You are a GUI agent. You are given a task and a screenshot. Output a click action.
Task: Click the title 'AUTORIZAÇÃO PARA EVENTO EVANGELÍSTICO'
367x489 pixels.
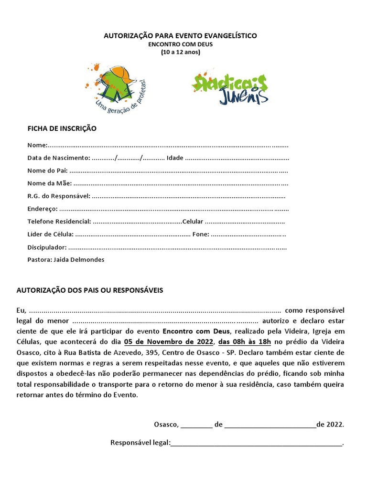click(x=180, y=36)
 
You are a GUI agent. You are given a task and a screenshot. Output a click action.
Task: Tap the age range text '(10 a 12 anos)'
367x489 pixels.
click(x=180, y=52)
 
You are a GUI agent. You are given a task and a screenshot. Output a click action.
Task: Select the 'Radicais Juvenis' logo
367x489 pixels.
click(x=230, y=88)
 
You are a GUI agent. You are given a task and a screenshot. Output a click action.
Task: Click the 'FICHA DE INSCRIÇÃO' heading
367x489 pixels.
click(x=62, y=128)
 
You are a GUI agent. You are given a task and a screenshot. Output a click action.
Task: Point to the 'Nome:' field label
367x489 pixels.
click(x=37, y=145)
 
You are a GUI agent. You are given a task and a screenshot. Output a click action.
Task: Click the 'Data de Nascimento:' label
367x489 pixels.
click(x=58, y=158)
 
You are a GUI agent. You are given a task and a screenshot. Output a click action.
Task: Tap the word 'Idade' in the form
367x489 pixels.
click(x=174, y=158)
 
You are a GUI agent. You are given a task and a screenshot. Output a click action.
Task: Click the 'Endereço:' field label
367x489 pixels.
click(x=42, y=209)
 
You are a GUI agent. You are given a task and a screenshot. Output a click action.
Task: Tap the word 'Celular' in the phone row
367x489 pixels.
click(x=193, y=222)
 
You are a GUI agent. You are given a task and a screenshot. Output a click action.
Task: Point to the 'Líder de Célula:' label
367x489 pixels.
click(x=50, y=234)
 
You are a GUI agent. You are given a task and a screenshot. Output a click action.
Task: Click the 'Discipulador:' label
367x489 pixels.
click(x=47, y=247)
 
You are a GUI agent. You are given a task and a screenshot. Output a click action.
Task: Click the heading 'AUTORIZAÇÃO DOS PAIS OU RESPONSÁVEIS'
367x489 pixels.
click(x=90, y=290)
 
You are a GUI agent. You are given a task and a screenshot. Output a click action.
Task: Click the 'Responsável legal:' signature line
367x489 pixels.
click(x=256, y=443)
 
